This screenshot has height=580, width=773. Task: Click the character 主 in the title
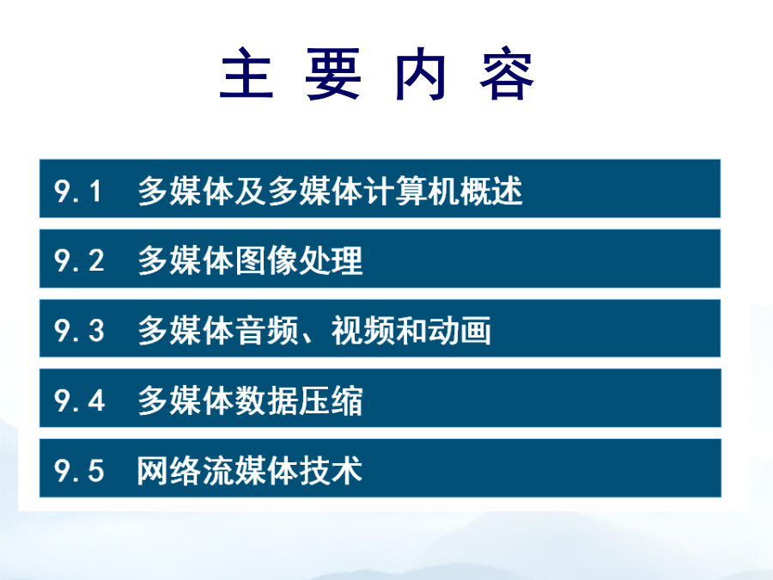point(247,74)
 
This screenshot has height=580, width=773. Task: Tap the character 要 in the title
point(333,74)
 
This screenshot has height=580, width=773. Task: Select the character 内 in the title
point(421,74)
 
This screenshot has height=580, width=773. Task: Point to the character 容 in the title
point(507,74)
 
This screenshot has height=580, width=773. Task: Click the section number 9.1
point(77,191)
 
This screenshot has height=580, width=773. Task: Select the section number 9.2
point(79,260)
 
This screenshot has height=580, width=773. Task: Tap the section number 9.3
point(79,331)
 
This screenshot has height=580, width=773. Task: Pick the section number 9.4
point(79,400)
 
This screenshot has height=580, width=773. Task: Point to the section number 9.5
point(79,470)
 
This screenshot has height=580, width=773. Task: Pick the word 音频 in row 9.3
point(266,330)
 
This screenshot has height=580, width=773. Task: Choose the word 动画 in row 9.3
point(459,330)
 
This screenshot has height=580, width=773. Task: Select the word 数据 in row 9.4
point(266,400)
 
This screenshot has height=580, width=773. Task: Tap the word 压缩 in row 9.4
point(331,400)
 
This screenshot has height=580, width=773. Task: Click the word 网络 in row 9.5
point(168,469)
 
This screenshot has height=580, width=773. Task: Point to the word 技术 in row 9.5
point(331,469)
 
